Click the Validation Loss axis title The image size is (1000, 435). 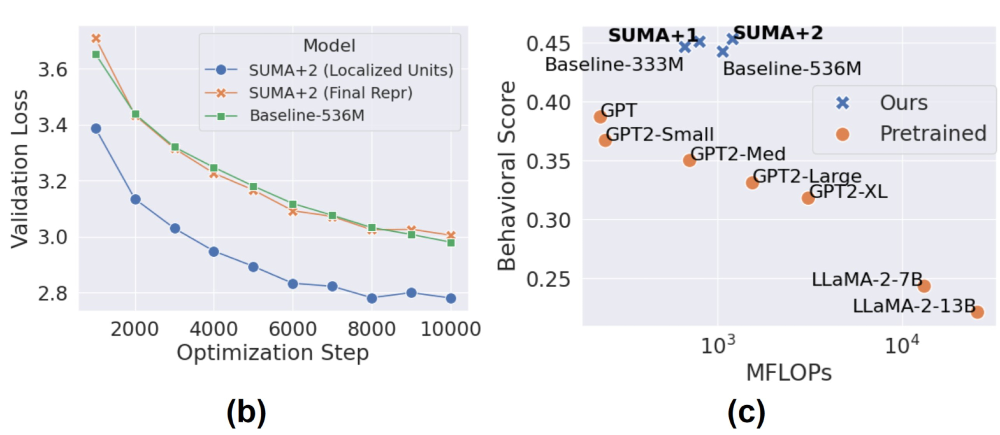click(20, 169)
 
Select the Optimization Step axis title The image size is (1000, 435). click(272, 353)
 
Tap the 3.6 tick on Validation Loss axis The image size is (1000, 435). click(52, 69)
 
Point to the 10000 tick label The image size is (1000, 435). click(450, 329)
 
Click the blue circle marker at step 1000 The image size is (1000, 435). click(96, 129)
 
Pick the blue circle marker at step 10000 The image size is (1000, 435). click(450, 299)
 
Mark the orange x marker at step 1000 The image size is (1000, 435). click(96, 38)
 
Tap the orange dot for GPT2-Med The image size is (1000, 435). click(689, 160)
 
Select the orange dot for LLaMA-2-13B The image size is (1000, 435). click(977, 312)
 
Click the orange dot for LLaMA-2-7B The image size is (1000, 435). click(924, 286)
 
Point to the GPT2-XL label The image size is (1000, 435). click(848, 192)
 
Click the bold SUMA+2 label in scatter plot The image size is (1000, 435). click(778, 33)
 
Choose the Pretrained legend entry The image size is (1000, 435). click(933, 134)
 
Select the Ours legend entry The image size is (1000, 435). click(903, 103)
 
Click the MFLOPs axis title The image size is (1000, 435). click(788, 373)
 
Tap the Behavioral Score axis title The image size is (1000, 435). click(506, 176)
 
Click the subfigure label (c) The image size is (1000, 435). click(746, 413)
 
